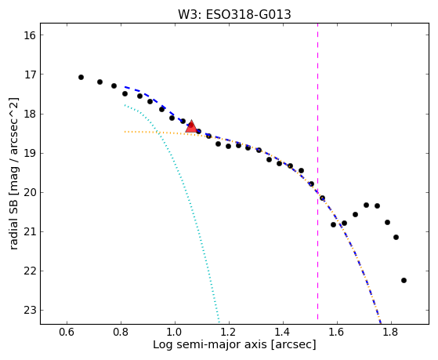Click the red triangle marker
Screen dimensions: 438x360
(191, 126)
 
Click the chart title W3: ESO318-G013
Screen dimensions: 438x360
(234, 15)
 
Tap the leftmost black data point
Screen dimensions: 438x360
(81, 77)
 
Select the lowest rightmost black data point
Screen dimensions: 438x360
(404, 280)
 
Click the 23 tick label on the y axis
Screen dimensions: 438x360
(30, 311)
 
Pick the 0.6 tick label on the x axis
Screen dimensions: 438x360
(67, 332)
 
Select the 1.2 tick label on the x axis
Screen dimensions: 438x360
(229, 332)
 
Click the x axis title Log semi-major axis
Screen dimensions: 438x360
(210, 345)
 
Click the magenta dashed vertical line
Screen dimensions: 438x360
(317, 172)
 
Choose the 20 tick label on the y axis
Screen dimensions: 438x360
(30, 192)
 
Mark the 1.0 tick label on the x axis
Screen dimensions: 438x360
(175, 332)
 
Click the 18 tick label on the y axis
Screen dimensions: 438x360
(30, 115)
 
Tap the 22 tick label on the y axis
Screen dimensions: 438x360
(30, 271)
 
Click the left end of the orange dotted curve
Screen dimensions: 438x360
(125, 132)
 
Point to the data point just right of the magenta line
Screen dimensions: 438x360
(322, 198)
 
